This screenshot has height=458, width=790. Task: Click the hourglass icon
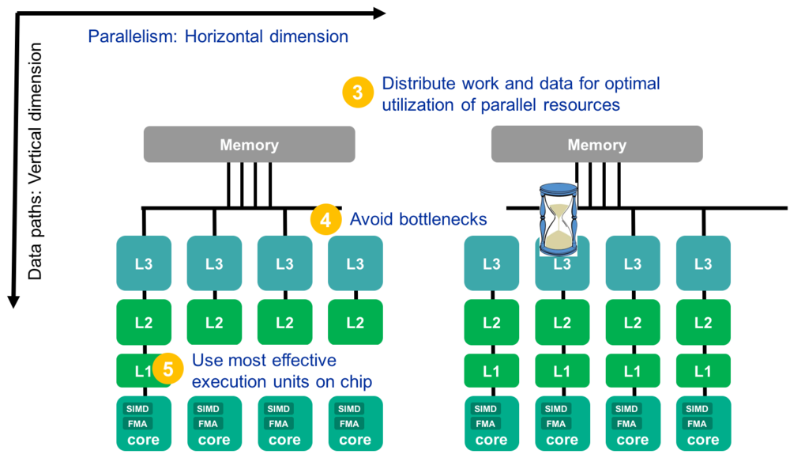pyautogui.click(x=559, y=218)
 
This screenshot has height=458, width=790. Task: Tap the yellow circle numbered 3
pyautogui.click(x=358, y=93)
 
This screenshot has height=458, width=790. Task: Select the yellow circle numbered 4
pyautogui.click(x=325, y=219)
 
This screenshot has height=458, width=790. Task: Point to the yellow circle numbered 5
pyautogui.click(x=168, y=369)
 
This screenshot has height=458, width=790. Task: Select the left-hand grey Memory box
pyautogui.click(x=249, y=145)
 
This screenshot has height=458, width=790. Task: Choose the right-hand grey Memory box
pyautogui.click(x=596, y=145)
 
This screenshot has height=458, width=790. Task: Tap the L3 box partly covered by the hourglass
pyautogui.click(x=562, y=264)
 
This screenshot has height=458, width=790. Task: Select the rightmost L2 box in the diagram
pyautogui.click(x=703, y=323)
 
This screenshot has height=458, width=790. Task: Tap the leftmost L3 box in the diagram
pyautogui.click(x=144, y=264)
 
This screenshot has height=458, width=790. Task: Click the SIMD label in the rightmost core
pyautogui.click(x=697, y=409)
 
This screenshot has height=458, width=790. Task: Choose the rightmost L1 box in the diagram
pyautogui.click(x=703, y=371)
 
